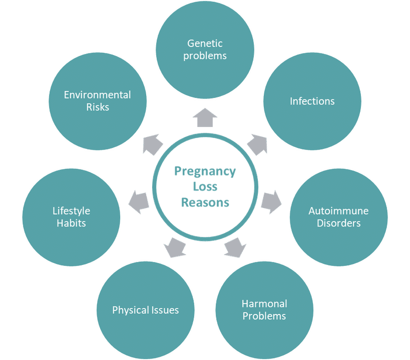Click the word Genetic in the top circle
click(205, 43)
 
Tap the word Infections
click(312, 101)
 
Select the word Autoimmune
click(338, 210)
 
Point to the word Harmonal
click(264, 303)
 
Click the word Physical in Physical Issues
click(128, 310)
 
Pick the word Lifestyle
click(71, 210)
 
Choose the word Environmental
click(97, 94)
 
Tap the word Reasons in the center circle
click(205, 202)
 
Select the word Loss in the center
click(205, 187)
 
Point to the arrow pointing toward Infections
click(256, 144)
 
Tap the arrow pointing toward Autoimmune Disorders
click(270, 201)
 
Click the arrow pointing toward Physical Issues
click(175, 247)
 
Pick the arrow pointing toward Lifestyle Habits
click(139, 202)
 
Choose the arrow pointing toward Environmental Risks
click(152, 144)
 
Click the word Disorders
click(338, 223)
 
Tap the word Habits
click(71, 223)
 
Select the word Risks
click(97, 107)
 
